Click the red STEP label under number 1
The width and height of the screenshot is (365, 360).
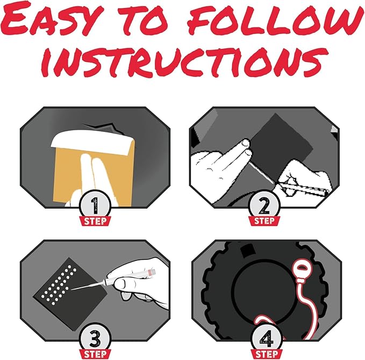(x=95, y=221)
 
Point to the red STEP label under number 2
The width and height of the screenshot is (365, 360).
(x=264, y=221)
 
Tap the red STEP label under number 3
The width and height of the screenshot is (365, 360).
(x=95, y=354)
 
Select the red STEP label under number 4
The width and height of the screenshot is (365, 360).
(x=267, y=354)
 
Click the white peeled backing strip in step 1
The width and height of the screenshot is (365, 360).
(x=92, y=142)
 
